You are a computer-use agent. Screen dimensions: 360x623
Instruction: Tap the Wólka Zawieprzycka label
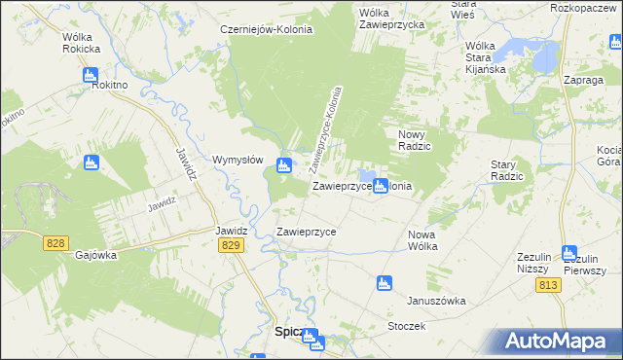point(389,19)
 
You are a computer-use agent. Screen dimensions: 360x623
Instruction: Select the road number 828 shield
point(55,242)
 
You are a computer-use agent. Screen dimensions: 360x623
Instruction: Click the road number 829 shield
point(231,248)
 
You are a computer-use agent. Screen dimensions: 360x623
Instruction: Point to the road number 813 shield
point(548,284)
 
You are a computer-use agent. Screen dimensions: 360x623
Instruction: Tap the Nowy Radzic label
point(415,139)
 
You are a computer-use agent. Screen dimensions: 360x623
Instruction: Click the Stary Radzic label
point(507,171)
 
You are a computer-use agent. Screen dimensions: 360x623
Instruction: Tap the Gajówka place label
point(95,255)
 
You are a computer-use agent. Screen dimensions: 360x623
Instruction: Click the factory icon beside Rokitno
point(91,74)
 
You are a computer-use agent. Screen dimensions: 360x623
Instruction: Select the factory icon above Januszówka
point(384,283)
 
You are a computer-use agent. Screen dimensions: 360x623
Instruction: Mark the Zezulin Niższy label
point(533,263)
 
